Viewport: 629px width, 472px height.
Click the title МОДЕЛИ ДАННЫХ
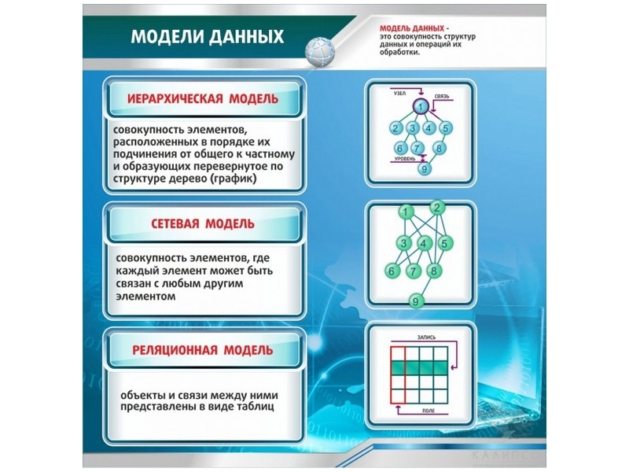207,39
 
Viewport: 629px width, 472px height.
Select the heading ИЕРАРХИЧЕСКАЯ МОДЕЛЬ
204,99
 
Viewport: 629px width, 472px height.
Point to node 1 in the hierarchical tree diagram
421,108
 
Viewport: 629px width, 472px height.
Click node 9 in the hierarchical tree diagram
425,168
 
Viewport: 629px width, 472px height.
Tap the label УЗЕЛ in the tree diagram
399,93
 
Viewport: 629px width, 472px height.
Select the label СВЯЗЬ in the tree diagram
441,96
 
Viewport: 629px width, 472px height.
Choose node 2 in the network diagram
437,208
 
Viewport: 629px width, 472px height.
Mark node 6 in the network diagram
391,271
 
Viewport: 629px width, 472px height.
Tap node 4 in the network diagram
425,243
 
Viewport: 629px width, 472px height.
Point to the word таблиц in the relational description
252,407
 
